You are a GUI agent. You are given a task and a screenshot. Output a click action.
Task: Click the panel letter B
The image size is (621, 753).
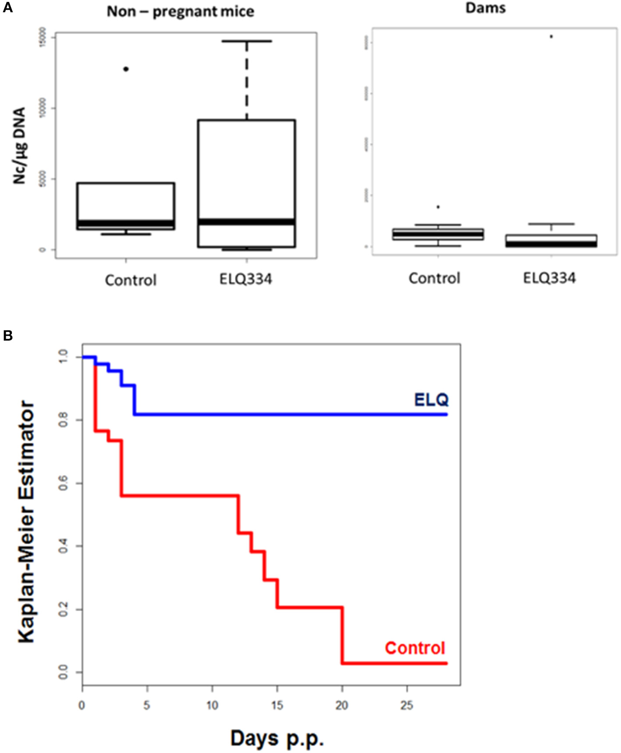pos(7,336)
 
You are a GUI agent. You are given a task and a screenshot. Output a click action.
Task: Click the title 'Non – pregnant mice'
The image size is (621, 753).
pos(180,11)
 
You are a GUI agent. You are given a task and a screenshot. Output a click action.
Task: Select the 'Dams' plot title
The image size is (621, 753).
pos(485,8)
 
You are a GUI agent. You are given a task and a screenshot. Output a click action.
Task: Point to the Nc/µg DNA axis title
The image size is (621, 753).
pos(19,146)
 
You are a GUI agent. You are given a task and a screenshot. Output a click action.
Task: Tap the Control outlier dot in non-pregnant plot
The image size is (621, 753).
pos(126,69)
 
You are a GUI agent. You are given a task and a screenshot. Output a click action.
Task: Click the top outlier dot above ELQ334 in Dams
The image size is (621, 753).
pos(551,37)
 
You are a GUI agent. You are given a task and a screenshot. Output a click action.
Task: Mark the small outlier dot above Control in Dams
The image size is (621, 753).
pos(438,207)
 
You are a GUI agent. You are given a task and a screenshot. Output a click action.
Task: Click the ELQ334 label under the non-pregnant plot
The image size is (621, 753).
pos(245,279)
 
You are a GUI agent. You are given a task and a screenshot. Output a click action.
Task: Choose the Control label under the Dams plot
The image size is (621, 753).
pos(434,278)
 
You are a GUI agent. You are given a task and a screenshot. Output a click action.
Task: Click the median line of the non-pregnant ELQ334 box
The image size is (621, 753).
pos(246,222)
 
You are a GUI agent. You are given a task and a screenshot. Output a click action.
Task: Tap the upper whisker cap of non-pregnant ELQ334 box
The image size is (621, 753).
pos(246,41)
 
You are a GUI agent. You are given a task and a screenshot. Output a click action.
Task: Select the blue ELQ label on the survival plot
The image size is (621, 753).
pos(431,399)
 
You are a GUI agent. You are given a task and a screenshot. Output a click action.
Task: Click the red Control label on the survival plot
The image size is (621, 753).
pos(415,648)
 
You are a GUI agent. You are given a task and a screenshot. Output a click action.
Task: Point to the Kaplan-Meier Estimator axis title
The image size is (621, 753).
pos(26,521)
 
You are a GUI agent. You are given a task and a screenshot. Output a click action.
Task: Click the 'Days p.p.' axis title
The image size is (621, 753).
pos(277,739)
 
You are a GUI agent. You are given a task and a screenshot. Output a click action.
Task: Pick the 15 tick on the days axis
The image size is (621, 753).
pos(277,705)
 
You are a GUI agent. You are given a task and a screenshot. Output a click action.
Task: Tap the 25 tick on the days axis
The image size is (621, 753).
pos(407,705)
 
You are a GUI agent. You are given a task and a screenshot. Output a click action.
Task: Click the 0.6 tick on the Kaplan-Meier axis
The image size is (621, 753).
pos(63,483)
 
